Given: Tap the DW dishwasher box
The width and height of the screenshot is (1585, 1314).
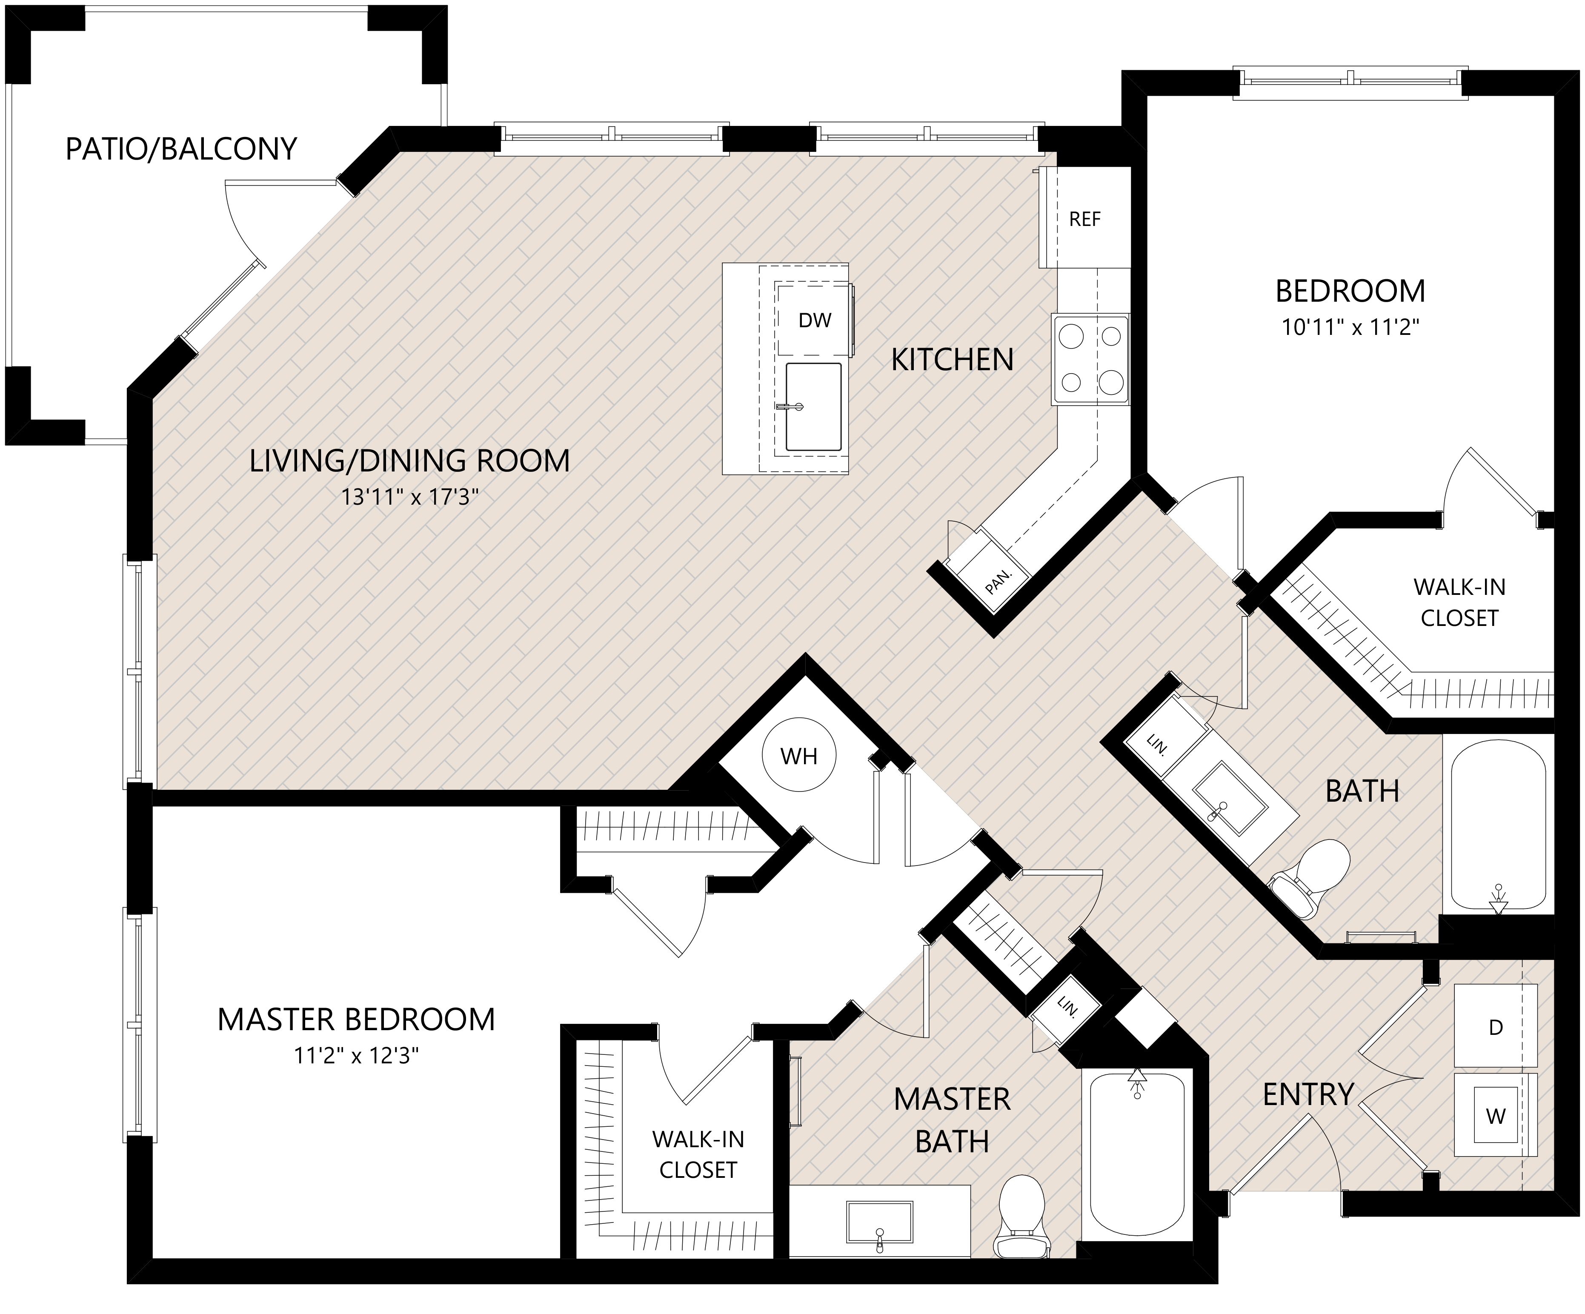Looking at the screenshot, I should click(814, 320).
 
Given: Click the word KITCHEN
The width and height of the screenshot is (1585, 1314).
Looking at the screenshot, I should click(952, 360).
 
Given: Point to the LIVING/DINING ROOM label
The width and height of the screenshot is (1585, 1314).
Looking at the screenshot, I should click(409, 460).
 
